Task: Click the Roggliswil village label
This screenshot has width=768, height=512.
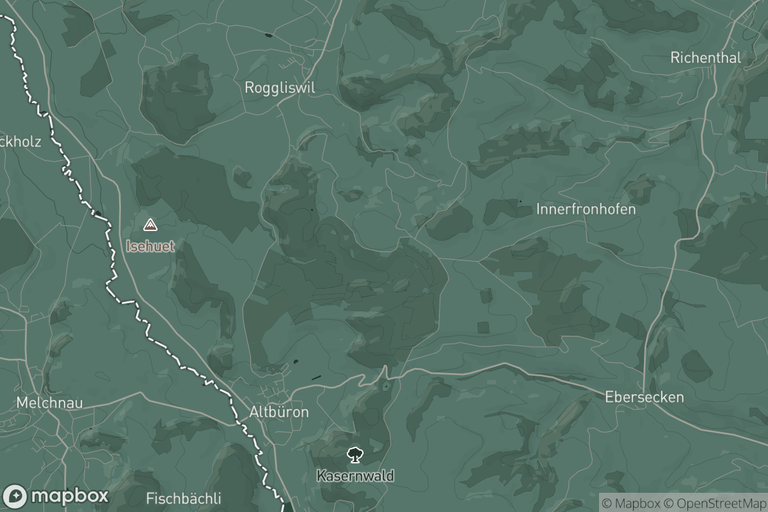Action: (280, 88)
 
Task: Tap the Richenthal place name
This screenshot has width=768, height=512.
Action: (705, 58)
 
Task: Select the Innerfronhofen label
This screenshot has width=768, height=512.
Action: (586, 209)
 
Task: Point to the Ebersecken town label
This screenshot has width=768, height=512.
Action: (644, 397)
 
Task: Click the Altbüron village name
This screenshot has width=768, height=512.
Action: (279, 412)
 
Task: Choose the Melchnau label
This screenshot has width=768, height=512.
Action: (50, 403)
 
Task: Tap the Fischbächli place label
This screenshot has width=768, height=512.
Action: (184, 498)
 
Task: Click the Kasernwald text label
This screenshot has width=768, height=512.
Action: (355, 476)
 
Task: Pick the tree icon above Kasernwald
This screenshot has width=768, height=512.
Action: (355, 456)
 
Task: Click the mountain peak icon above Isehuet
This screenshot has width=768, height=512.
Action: (150, 225)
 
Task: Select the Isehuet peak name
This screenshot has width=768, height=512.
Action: (150, 246)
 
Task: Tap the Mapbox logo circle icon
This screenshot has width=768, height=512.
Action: (15, 497)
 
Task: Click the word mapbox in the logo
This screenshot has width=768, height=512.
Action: (69, 497)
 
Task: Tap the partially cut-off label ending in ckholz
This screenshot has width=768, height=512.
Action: (20, 141)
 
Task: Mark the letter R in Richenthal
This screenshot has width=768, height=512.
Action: (675, 58)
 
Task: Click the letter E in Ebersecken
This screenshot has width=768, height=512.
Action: (609, 397)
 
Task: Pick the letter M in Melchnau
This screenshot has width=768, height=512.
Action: (22, 403)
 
